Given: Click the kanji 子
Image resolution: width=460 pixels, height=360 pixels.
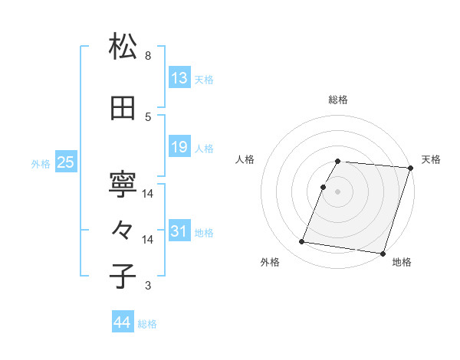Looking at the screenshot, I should (x=123, y=277).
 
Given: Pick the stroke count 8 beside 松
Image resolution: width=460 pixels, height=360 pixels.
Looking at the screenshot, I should (x=148, y=56).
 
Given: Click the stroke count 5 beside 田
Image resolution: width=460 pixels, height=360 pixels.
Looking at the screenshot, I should (x=148, y=117).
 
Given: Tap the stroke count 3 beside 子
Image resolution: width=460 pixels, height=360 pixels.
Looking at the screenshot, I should (x=148, y=286).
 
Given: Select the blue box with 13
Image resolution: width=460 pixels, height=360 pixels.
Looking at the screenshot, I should (x=179, y=78).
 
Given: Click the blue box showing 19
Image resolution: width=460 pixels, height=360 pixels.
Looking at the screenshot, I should (x=179, y=147).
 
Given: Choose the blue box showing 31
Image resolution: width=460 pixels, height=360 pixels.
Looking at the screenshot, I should (x=179, y=231).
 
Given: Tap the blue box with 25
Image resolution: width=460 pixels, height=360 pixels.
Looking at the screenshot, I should (x=66, y=162).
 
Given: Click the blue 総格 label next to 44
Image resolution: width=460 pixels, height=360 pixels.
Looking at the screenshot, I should (x=147, y=324).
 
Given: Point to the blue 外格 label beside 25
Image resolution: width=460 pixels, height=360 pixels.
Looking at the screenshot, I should (x=41, y=163).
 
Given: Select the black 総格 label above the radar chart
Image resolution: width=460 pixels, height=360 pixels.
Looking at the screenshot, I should (x=338, y=100).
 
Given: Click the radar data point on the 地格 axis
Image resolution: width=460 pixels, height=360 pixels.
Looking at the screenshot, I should (x=383, y=253).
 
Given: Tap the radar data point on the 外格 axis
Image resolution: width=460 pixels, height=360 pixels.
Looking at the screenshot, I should (x=302, y=242).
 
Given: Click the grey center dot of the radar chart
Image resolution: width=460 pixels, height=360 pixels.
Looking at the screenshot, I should (x=338, y=191).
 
